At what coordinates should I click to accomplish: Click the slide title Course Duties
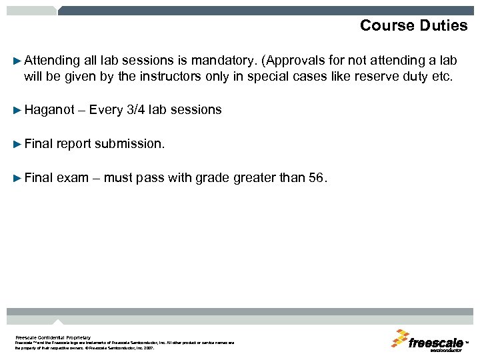413,25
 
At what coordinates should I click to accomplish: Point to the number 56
316,178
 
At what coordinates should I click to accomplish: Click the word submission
129,144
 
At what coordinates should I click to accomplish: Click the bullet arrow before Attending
17,60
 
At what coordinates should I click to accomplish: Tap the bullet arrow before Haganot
17,110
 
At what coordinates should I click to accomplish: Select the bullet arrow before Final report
17,144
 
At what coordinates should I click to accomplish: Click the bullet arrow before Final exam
17,178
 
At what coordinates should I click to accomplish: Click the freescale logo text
436,343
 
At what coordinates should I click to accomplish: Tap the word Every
105,110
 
